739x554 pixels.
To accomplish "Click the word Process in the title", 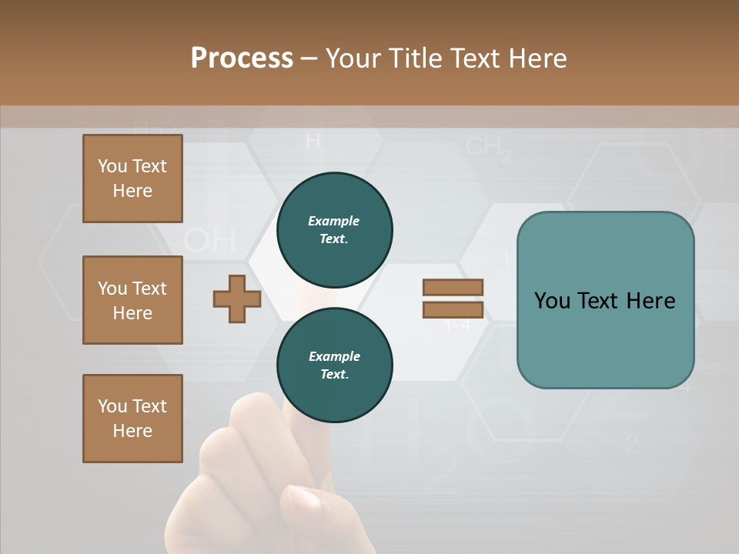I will [x=242, y=58].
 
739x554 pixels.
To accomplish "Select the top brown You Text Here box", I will [x=132, y=179].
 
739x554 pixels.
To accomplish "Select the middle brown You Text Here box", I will [x=132, y=300].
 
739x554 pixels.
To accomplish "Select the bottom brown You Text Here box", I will [x=132, y=418].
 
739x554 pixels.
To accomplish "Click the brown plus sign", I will [x=237, y=299].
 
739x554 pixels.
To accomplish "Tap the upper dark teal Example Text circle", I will [x=334, y=230].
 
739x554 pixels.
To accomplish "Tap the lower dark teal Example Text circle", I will [x=334, y=365].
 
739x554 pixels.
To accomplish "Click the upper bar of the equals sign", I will [x=453, y=287].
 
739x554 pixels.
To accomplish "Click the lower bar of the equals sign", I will [x=453, y=309].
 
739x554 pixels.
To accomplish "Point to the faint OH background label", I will [x=209, y=240].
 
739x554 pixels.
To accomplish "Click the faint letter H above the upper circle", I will [x=313, y=141].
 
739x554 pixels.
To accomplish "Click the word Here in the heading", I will [x=539, y=58].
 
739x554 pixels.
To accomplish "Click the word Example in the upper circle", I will [x=334, y=221].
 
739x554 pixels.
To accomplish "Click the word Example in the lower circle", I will [x=334, y=356].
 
